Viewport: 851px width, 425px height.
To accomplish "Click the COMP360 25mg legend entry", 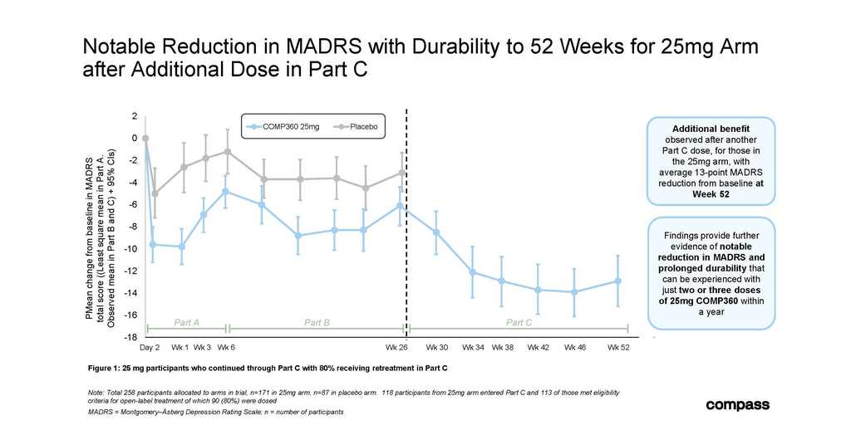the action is (x=282, y=126).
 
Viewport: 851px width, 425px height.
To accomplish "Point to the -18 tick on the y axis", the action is (x=131, y=337).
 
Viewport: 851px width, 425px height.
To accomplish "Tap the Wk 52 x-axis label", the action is (x=618, y=348).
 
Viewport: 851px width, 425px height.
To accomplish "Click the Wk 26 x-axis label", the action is (x=396, y=348).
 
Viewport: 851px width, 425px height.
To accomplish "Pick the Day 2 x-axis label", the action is (x=150, y=348).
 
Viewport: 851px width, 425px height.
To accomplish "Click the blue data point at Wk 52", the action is (x=617, y=281).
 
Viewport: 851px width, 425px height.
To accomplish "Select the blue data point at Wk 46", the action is (x=574, y=291).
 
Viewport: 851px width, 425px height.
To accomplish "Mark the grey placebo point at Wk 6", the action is (x=227, y=151).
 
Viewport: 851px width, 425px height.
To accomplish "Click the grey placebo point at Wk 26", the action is (x=401, y=173).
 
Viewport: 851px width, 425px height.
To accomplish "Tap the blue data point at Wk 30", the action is (x=435, y=232).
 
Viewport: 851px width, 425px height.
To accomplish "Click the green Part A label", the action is (x=187, y=323).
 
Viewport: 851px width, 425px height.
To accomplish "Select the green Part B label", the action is (x=317, y=323).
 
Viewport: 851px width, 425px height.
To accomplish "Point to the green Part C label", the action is (x=519, y=323).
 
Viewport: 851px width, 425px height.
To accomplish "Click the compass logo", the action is (x=737, y=405).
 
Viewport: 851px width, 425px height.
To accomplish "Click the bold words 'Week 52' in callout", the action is (x=711, y=194).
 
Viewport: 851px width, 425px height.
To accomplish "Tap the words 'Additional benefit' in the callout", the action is (x=711, y=129).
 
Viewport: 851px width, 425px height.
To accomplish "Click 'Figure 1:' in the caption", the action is (x=103, y=369).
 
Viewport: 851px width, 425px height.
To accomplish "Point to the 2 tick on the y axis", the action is (x=134, y=116).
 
